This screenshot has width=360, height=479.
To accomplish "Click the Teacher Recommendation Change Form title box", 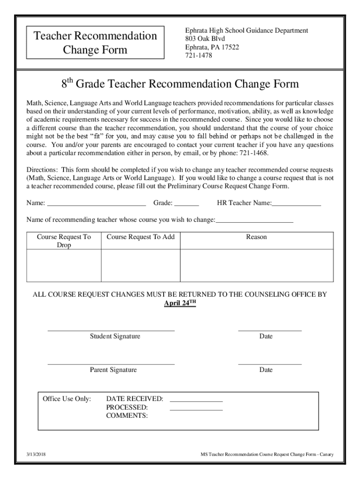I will coord(95,43).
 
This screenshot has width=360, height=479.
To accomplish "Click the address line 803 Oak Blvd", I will coord(205,38).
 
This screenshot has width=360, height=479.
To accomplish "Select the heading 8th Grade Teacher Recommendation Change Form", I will coord(180,85).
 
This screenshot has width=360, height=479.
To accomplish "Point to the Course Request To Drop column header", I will coord(64,241).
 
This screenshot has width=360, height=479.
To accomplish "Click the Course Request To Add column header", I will coord(141,237).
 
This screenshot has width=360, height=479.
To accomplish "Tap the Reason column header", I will coord(257,237).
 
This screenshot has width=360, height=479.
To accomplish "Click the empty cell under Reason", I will coord(257,265).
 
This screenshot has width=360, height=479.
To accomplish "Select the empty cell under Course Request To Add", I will coord(141,265).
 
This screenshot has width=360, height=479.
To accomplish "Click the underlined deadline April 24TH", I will coord(180,303).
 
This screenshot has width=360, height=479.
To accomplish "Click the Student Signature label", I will coord(115,336).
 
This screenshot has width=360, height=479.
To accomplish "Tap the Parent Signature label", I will coord(114,370).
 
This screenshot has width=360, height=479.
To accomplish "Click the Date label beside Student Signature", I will coord(266,336).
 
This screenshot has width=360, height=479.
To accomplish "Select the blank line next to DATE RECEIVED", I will coord(196,400).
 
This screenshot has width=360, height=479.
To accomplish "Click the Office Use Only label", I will coord(67,399).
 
